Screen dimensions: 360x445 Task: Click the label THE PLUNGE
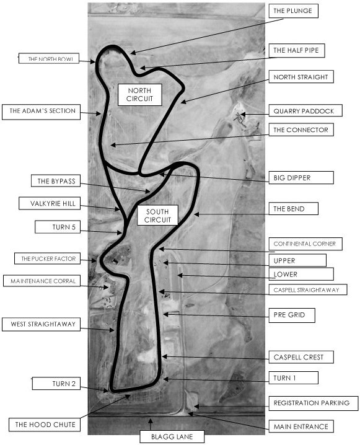coord(293,11)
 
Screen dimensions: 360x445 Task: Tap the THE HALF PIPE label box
coord(297,51)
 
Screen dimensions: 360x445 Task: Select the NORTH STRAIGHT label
coord(301,77)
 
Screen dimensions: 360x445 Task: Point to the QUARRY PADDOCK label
coord(305,111)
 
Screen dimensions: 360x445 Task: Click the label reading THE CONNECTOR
coord(301,130)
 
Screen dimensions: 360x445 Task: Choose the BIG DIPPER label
coord(301,178)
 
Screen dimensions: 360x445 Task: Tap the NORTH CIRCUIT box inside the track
coord(139,95)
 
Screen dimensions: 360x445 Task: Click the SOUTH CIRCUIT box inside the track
coord(157,216)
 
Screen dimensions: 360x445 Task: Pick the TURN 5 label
coord(57,227)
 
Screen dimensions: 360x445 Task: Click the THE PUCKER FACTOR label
coord(47,258)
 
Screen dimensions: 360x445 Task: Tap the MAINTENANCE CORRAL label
coord(42,281)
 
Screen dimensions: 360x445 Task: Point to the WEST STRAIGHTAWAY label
coord(41,324)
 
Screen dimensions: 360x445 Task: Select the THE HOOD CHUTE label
coord(45,425)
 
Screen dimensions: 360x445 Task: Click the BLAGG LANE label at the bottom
coord(172,436)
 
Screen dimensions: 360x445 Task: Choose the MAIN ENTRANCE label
coord(301,426)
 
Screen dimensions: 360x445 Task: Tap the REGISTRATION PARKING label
coord(313,403)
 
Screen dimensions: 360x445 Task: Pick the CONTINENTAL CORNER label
coord(305,244)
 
